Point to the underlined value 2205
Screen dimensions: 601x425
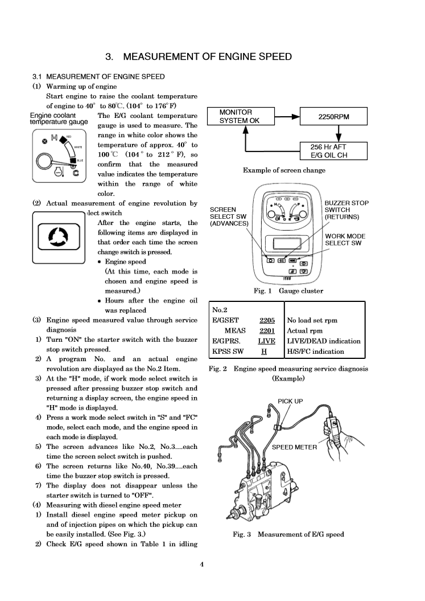coord(267,320)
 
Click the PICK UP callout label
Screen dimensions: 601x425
coord(290,401)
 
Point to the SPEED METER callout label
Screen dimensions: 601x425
coord(294,447)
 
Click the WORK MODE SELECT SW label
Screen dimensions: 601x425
coord(345,239)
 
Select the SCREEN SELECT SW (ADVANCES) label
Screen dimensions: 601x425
coord(229,216)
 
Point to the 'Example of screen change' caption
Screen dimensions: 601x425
coord(284,170)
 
